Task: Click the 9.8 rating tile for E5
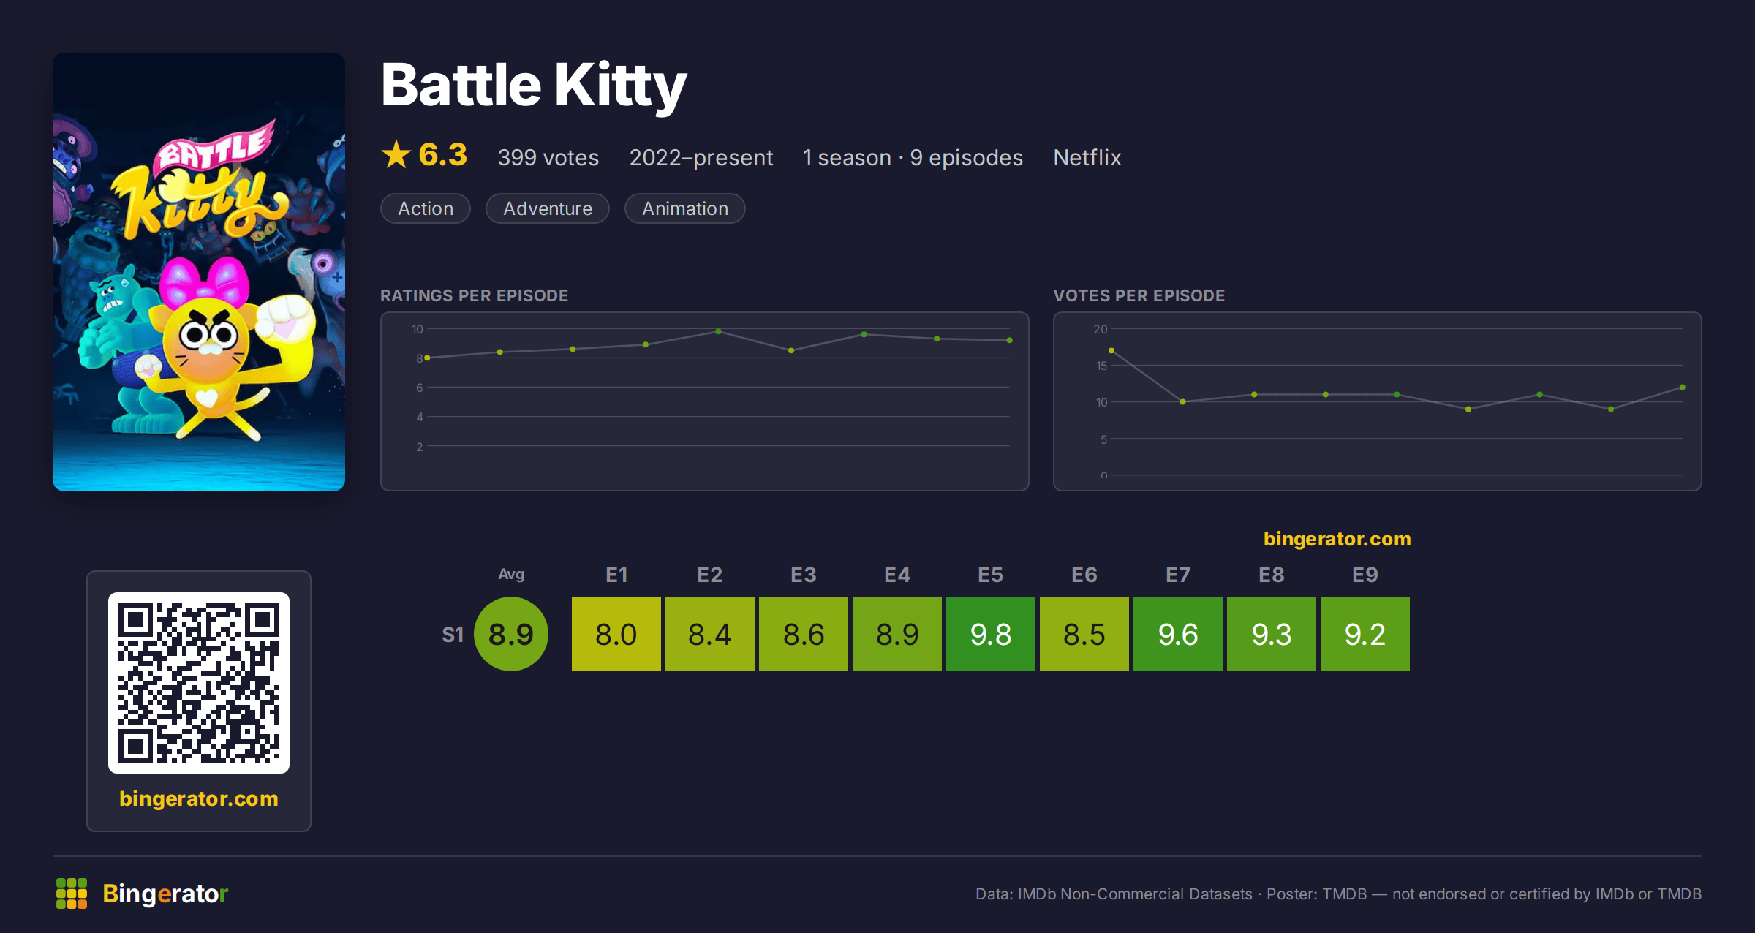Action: pyautogui.click(x=991, y=634)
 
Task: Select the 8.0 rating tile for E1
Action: pyautogui.click(x=616, y=634)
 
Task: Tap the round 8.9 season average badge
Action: pyautogui.click(x=511, y=634)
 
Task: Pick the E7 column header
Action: pyautogui.click(x=1178, y=575)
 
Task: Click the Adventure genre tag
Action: pyautogui.click(x=548, y=208)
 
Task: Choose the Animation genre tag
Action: pyautogui.click(x=685, y=208)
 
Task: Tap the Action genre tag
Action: pyautogui.click(x=426, y=208)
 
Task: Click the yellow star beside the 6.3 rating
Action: pyautogui.click(x=396, y=154)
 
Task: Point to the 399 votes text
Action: pyautogui.click(x=548, y=157)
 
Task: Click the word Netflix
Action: pyautogui.click(x=1087, y=157)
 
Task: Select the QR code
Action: pyautogui.click(x=199, y=683)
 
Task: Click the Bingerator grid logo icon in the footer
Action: pyautogui.click(x=72, y=894)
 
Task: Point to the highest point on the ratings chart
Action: pyautogui.click(x=719, y=331)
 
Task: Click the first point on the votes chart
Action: pyautogui.click(x=1111, y=351)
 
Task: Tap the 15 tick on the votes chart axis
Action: pyautogui.click(x=1101, y=366)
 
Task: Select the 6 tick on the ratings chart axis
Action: pyautogui.click(x=420, y=388)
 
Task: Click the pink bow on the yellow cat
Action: pyautogui.click(x=204, y=283)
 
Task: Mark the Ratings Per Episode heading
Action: pyautogui.click(x=475, y=295)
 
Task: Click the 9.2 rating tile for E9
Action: pyautogui.click(x=1365, y=634)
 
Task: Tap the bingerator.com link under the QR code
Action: pyautogui.click(x=199, y=798)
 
